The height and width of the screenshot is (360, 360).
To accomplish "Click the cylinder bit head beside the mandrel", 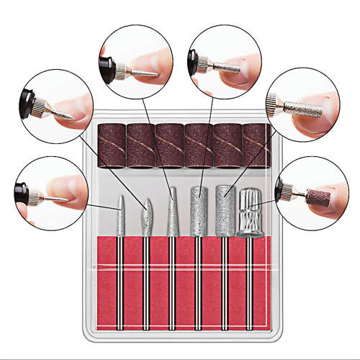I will pyautogui.click(x=224, y=210).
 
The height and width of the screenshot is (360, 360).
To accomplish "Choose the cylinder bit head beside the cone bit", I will pyautogui.click(x=198, y=212).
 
